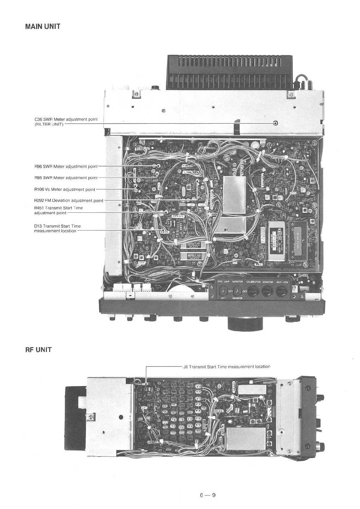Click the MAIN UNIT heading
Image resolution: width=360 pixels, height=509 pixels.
click(x=42, y=26)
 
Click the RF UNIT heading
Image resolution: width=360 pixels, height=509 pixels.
click(x=38, y=349)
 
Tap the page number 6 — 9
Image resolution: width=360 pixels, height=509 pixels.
click(x=207, y=495)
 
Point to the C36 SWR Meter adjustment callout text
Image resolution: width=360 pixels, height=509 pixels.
click(x=66, y=121)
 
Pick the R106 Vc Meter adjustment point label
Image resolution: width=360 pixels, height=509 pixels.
click(x=64, y=189)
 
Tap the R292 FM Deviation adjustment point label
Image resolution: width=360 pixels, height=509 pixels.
click(x=69, y=200)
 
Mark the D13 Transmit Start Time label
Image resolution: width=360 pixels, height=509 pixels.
click(x=57, y=228)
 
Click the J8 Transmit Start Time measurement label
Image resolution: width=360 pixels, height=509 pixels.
click(x=227, y=367)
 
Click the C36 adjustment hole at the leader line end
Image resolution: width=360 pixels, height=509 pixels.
click(x=275, y=123)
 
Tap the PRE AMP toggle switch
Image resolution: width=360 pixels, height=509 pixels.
click(x=224, y=291)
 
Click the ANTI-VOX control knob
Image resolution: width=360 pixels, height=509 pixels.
click(x=281, y=291)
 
